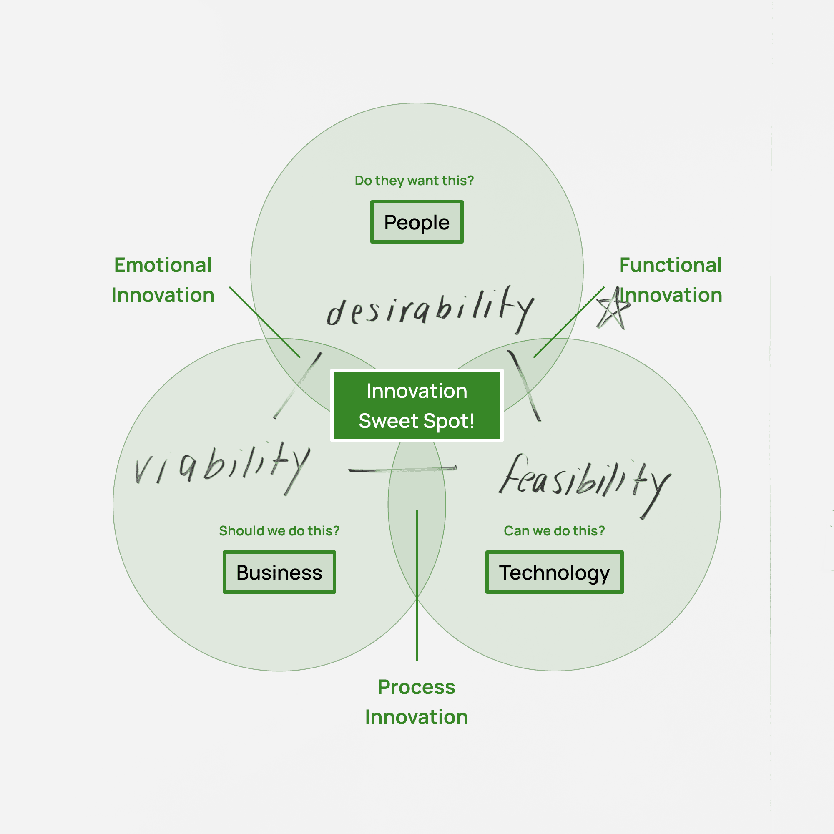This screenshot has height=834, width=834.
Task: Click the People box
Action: [417, 222]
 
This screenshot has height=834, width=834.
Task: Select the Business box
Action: [279, 572]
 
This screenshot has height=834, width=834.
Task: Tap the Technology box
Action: [554, 572]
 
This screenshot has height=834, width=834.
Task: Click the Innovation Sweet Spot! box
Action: [417, 405]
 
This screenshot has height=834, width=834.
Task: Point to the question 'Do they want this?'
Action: [414, 181]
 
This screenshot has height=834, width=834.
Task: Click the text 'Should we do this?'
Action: [279, 530]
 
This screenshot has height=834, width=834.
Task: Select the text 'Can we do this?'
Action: [554, 530]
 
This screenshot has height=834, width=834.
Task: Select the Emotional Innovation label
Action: [163, 280]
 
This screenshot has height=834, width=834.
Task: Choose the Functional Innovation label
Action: [671, 280]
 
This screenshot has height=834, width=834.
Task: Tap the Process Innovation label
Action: [417, 701]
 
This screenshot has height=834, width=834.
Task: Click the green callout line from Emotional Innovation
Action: [264, 322]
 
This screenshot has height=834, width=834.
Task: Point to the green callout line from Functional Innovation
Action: [568, 322]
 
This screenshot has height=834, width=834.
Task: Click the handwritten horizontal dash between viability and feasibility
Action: [402, 469]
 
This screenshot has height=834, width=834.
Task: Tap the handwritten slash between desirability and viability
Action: [298, 385]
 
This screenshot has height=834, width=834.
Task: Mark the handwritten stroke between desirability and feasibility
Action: [524, 385]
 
